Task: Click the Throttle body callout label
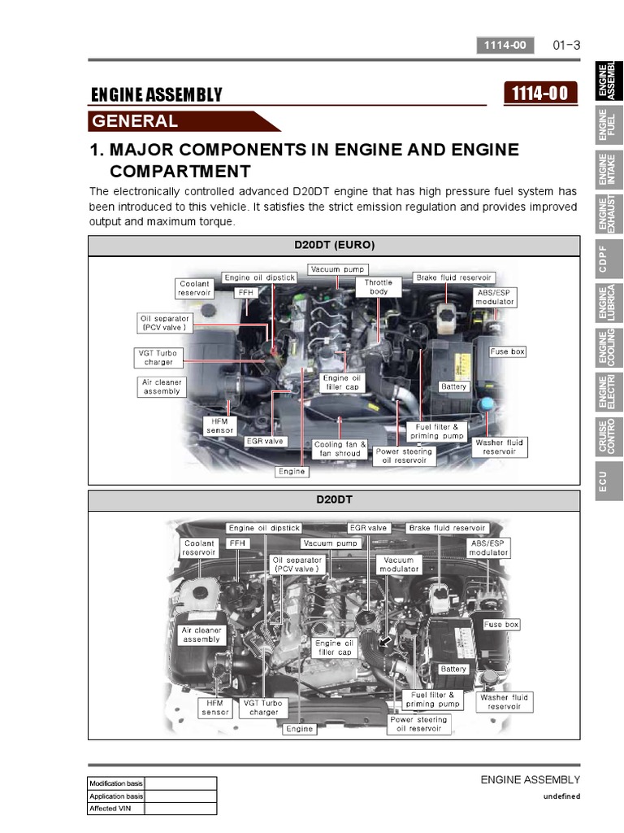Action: [379, 287]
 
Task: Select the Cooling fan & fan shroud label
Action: [340, 449]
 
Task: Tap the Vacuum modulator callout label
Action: [398, 565]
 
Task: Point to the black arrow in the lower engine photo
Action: [384, 642]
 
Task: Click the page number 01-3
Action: [566, 46]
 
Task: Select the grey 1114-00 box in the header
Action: [505, 46]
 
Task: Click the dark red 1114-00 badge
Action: [540, 94]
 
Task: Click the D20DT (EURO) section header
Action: [334, 246]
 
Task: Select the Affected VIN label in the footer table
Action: [110, 809]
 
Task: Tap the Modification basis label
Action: [116, 783]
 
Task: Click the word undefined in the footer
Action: [561, 796]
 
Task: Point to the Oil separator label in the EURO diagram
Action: [164, 323]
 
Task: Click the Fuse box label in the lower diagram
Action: [500, 625]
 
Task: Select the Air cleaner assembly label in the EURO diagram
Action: [162, 386]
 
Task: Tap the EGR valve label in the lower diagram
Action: [368, 528]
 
